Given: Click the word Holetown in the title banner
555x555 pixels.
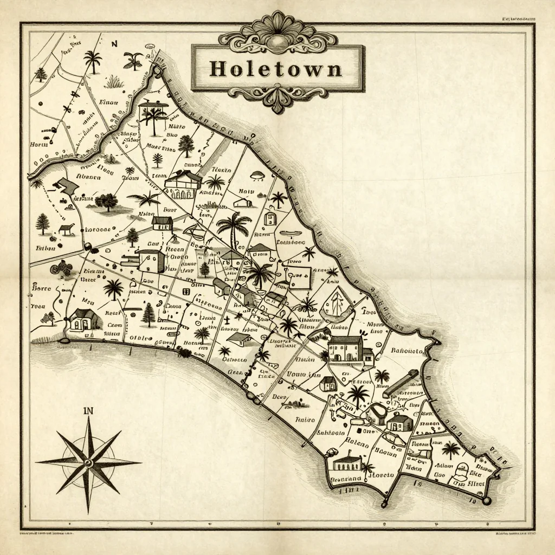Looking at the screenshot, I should click(276, 69).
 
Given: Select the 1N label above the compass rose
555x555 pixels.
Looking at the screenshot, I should click(88, 411).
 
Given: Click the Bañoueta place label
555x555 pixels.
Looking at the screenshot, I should click(406, 351).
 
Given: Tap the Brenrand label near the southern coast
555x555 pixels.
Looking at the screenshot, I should click(345, 479).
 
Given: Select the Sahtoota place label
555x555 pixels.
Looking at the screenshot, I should click(331, 433).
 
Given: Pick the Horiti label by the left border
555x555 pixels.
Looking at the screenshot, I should click(39, 145).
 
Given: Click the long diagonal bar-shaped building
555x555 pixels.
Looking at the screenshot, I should click(401, 384).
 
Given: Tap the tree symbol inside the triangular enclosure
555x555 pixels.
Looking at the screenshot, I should click(335, 302).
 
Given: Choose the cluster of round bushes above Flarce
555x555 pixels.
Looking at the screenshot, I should click(61, 268).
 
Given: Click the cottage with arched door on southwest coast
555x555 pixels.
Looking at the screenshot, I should click(86, 320).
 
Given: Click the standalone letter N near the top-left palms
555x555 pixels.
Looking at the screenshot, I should click(114, 44).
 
